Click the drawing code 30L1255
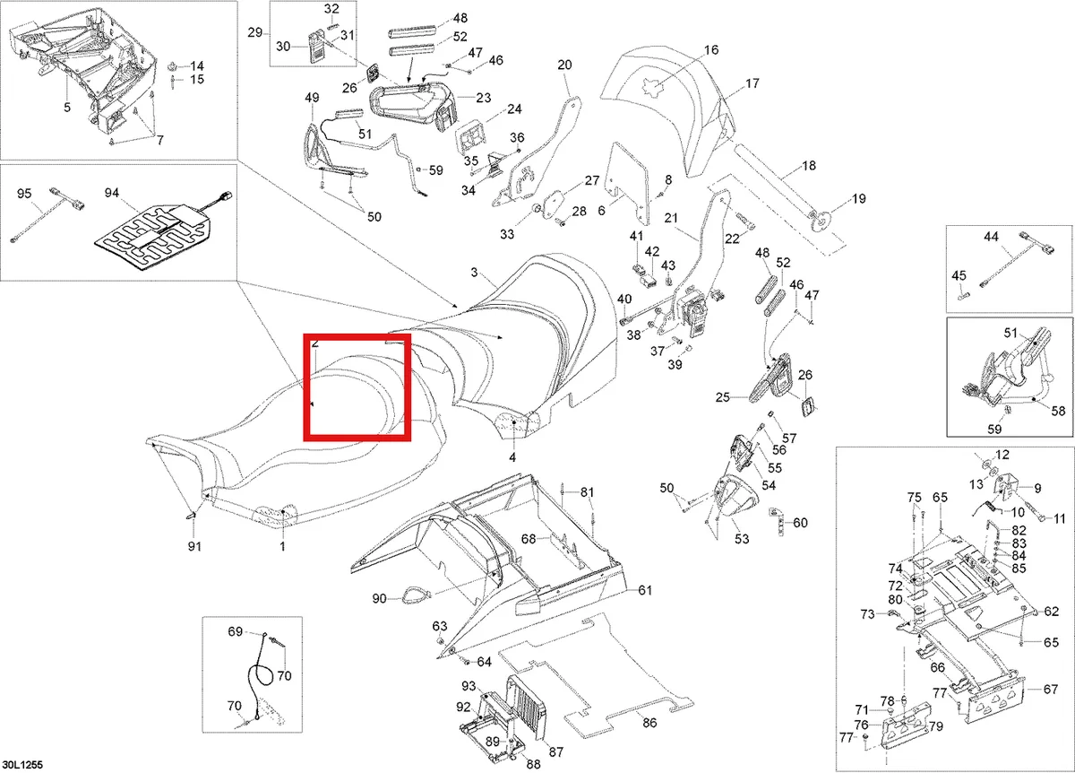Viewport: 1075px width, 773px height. tap(22, 765)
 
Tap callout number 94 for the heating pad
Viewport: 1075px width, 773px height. tap(112, 193)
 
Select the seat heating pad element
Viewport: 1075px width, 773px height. tap(152, 238)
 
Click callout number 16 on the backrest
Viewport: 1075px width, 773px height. tap(711, 50)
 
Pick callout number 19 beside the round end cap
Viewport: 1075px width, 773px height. tap(858, 198)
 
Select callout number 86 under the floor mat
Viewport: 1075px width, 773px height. tap(649, 723)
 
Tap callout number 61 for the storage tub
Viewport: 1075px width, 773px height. tap(645, 590)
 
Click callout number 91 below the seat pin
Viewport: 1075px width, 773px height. tap(194, 546)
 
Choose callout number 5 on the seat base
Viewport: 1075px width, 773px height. tap(67, 107)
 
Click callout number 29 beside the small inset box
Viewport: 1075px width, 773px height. tap(254, 32)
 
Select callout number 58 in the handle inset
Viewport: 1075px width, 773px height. tap(1058, 411)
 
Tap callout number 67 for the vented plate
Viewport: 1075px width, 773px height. tap(1051, 690)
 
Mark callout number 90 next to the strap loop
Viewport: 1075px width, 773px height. tap(379, 599)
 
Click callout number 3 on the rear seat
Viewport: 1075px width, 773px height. tap(474, 273)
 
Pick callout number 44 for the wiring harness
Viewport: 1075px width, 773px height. tap(991, 237)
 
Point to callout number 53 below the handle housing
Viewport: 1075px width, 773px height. tap(742, 539)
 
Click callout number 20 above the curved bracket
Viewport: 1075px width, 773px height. tap(565, 65)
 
